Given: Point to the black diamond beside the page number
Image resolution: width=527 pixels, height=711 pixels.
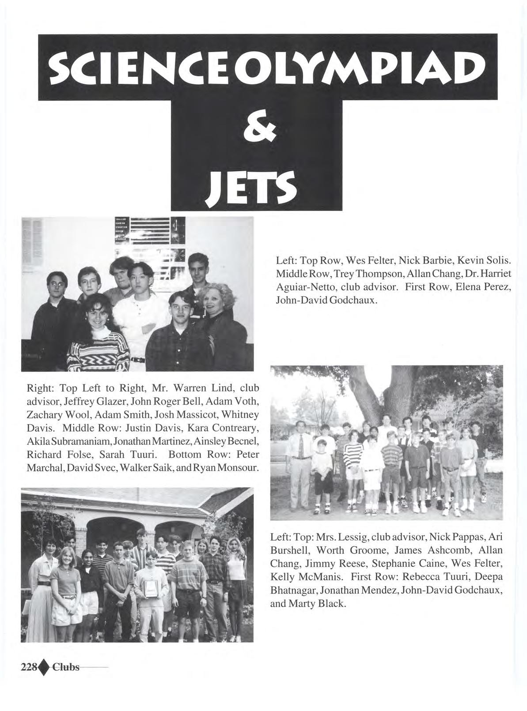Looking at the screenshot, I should pos(43,666).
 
